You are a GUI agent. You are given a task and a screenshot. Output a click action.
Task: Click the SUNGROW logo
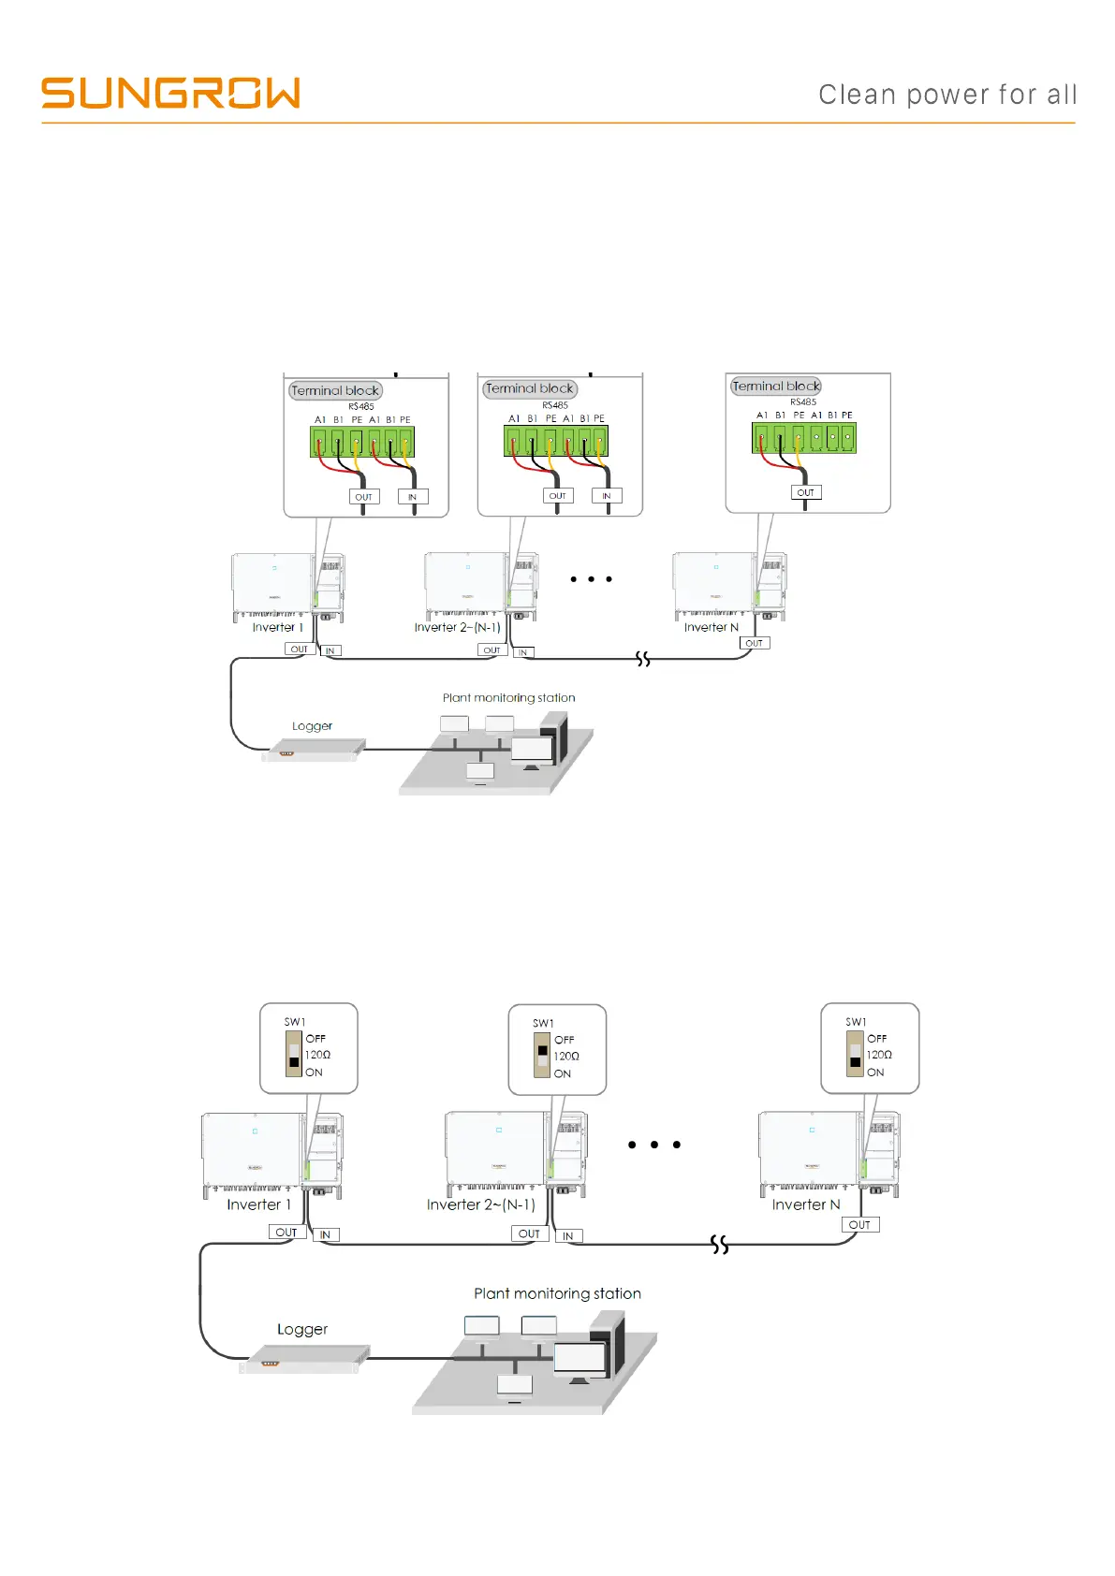(x=170, y=94)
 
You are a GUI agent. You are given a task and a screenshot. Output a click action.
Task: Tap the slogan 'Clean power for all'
(x=947, y=95)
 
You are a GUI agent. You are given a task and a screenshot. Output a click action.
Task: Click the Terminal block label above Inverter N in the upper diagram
(x=776, y=386)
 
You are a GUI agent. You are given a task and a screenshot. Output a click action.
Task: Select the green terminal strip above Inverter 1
(x=362, y=442)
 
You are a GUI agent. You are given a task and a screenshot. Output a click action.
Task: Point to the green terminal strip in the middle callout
(x=556, y=441)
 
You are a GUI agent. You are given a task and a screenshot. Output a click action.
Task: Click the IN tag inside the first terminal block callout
(x=413, y=497)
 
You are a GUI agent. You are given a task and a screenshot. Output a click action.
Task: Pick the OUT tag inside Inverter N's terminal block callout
(x=805, y=492)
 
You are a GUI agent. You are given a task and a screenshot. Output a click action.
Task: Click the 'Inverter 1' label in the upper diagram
(x=278, y=627)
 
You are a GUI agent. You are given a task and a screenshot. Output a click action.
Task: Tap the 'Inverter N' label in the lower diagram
(x=806, y=1204)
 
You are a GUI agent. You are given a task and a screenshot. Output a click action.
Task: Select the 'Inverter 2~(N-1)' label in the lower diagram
(x=481, y=1204)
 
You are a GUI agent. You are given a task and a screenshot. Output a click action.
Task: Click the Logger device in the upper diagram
(x=312, y=751)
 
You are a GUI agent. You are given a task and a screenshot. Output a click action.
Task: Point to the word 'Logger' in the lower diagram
(x=302, y=1329)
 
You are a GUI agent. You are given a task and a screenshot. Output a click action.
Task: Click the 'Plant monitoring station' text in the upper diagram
(x=508, y=697)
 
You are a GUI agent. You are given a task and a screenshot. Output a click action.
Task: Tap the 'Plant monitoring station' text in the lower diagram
(x=557, y=1293)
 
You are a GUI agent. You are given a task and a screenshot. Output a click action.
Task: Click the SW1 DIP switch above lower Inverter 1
(x=294, y=1055)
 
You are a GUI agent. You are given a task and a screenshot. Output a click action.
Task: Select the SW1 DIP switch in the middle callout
(x=542, y=1056)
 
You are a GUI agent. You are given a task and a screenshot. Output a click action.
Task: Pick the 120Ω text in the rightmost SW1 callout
(x=879, y=1055)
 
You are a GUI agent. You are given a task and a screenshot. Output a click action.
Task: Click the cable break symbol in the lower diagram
(x=719, y=1244)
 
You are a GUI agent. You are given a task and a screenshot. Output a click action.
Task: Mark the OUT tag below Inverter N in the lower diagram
(x=859, y=1224)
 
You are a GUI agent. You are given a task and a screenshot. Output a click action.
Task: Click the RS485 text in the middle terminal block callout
(x=555, y=405)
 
